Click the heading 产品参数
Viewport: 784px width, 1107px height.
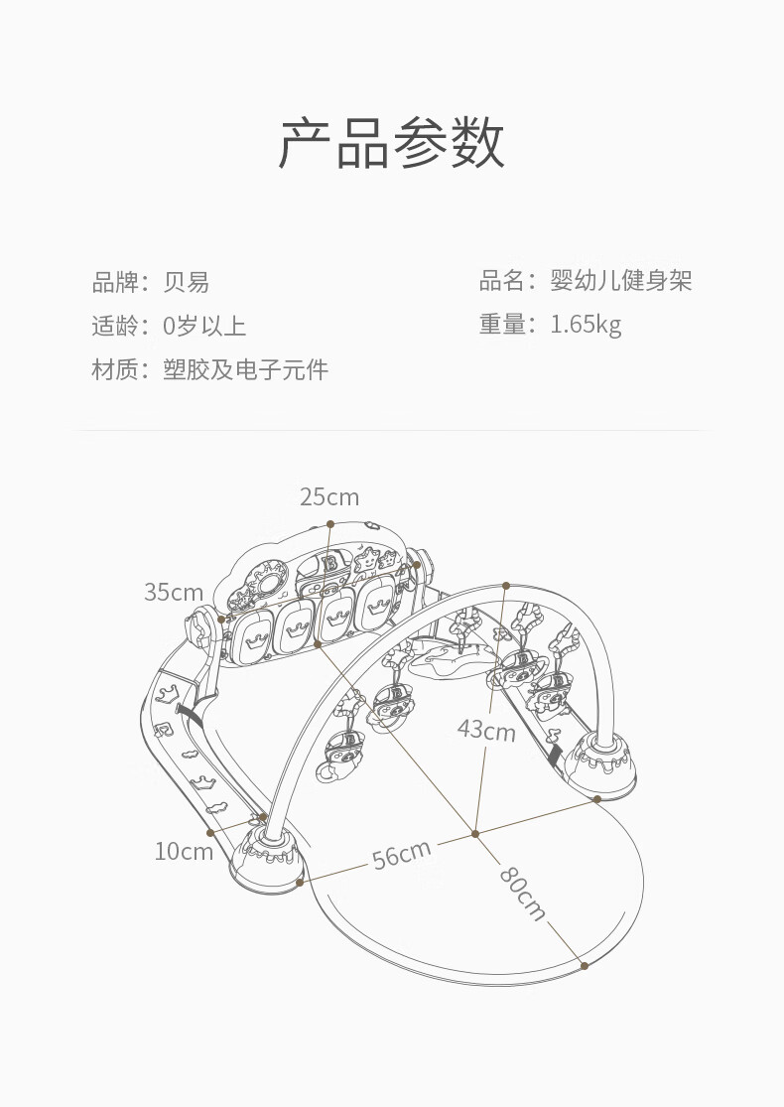point(392,143)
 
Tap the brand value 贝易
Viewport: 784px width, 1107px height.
point(187,282)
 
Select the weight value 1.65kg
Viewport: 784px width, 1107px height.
point(586,325)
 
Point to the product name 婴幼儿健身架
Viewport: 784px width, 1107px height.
point(621,280)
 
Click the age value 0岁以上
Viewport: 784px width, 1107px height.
point(204,326)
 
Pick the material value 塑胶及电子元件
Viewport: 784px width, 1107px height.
point(245,369)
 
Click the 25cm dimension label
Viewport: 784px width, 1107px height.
point(329,497)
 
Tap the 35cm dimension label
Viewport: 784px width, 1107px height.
point(174,592)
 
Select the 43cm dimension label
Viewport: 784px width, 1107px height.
point(486,730)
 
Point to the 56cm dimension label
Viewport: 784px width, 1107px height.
point(402,855)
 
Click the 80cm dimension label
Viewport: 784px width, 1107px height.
point(523,894)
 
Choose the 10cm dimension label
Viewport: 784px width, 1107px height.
point(184,852)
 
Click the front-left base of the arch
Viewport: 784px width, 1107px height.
point(267,859)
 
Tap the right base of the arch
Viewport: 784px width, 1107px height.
point(603,766)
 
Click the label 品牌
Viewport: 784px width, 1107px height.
point(116,282)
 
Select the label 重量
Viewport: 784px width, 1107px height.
point(503,325)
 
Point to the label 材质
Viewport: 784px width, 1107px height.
point(116,369)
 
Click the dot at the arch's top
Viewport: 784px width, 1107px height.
point(506,585)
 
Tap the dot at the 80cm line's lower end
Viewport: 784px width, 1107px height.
point(585,966)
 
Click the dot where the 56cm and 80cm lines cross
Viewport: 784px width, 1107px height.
point(475,834)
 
